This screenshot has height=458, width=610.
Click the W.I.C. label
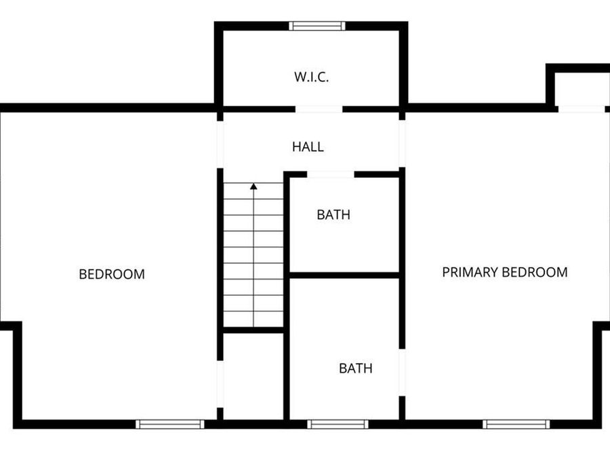coord(311,77)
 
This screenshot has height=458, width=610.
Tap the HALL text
coord(308,147)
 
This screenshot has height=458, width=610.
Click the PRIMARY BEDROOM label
coord(504,273)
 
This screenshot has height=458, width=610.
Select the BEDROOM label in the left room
coord(112,274)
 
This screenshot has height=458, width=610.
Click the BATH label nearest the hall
coord(333,215)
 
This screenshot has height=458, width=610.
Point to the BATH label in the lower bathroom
coord(355,368)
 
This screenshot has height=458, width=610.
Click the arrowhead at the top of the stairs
coord(253,186)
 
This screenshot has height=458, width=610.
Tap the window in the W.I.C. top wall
coord(317,26)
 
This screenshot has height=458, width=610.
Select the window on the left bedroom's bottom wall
coord(169,424)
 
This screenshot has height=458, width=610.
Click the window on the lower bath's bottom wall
coord(338,424)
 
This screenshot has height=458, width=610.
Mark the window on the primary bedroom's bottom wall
coord(516,424)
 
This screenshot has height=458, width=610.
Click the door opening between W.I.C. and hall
coord(319,109)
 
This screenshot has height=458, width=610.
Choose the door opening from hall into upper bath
coord(331,174)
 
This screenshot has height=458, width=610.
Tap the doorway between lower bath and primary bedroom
coord(402,373)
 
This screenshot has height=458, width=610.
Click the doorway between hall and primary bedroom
coord(402,143)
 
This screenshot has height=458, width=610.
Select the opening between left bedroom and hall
coord(220,143)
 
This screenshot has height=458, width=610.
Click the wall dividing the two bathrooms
coord(344,275)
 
